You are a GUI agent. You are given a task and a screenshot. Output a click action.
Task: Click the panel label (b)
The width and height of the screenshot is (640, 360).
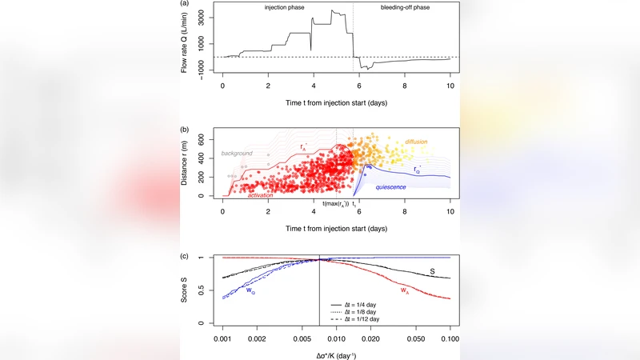coord(184,128)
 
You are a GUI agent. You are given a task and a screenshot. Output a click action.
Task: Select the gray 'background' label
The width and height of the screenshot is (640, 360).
coord(236,153)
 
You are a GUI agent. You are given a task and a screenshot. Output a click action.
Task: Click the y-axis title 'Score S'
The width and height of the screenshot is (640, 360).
coord(185,289)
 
